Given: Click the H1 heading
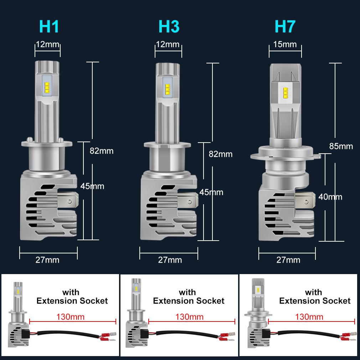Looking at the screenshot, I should (x=49, y=27).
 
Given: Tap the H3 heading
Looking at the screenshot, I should (x=169, y=27).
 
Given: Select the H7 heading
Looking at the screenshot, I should (x=285, y=27).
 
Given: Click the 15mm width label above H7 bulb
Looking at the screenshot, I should (x=285, y=44).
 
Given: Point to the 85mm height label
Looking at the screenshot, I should (x=341, y=146).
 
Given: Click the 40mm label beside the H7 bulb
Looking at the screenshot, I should (x=330, y=197).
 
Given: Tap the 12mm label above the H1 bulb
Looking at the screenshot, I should (x=48, y=45).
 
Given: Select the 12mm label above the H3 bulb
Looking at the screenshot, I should (x=168, y=45).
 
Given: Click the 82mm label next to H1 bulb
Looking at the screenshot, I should (x=102, y=151).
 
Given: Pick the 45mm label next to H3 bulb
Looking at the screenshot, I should (x=211, y=192).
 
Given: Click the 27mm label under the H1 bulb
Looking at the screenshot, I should (x=47, y=259).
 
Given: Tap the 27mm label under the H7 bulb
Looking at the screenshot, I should (x=288, y=260).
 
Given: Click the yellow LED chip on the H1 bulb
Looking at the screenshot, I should (x=47, y=87).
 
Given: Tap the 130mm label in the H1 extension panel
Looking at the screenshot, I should (x=71, y=316).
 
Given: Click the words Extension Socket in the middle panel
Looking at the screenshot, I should (x=189, y=301).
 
